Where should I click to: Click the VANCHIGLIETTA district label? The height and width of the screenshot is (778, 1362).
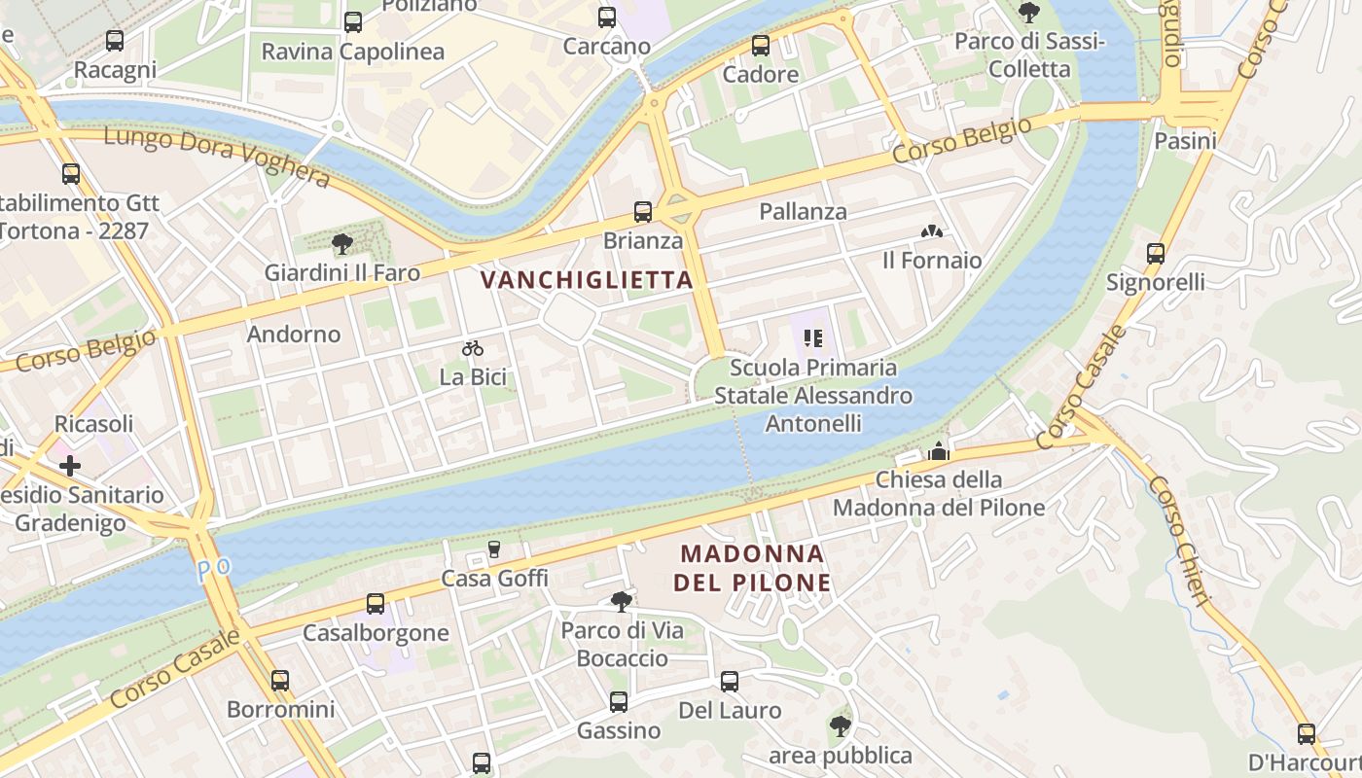click(x=587, y=280)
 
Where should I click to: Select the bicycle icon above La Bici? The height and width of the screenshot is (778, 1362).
click(x=473, y=348)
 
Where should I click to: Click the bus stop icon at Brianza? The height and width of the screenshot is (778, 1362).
click(x=642, y=211)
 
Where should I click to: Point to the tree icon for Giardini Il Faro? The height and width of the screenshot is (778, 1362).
click(x=341, y=243)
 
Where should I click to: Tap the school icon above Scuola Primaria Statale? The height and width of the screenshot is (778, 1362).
click(x=813, y=338)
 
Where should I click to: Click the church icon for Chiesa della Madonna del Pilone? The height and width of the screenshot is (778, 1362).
click(x=938, y=450)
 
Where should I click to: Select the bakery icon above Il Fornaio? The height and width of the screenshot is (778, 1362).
click(x=931, y=231)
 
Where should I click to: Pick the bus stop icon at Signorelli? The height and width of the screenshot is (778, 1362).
click(x=1155, y=254)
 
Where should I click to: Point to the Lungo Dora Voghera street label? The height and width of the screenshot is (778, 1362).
click(x=216, y=156)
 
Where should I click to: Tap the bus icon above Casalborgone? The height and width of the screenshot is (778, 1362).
click(x=376, y=603)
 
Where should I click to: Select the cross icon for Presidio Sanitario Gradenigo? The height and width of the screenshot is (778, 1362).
click(x=70, y=466)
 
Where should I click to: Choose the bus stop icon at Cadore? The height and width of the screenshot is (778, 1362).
click(x=760, y=46)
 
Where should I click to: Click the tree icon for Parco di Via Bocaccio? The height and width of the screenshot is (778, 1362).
click(x=621, y=602)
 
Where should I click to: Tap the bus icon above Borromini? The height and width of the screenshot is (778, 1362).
click(x=280, y=680)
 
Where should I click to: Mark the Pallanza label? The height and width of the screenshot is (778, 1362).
click(x=803, y=211)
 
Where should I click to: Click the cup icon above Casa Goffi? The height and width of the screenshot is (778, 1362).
click(x=493, y=549)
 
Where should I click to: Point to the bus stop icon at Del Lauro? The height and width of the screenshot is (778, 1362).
click(x=729, y=682)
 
